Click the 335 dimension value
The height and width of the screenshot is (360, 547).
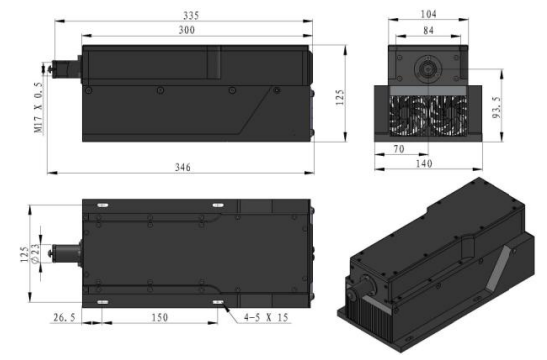coord(191,16)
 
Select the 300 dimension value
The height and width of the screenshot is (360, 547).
coord(187,30)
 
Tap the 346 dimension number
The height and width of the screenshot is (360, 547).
coord(183,167)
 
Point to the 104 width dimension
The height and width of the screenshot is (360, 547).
coord(428,14)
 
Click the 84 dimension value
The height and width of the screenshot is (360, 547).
coord(428,31)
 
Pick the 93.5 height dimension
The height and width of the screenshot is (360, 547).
coord(497,107)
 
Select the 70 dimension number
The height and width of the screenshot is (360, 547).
coord(399,149)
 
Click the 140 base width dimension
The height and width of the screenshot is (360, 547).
coord(424,164)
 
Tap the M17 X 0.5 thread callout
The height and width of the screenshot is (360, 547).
coord(39,108)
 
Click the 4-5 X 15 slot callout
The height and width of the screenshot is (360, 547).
coord(266,317)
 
